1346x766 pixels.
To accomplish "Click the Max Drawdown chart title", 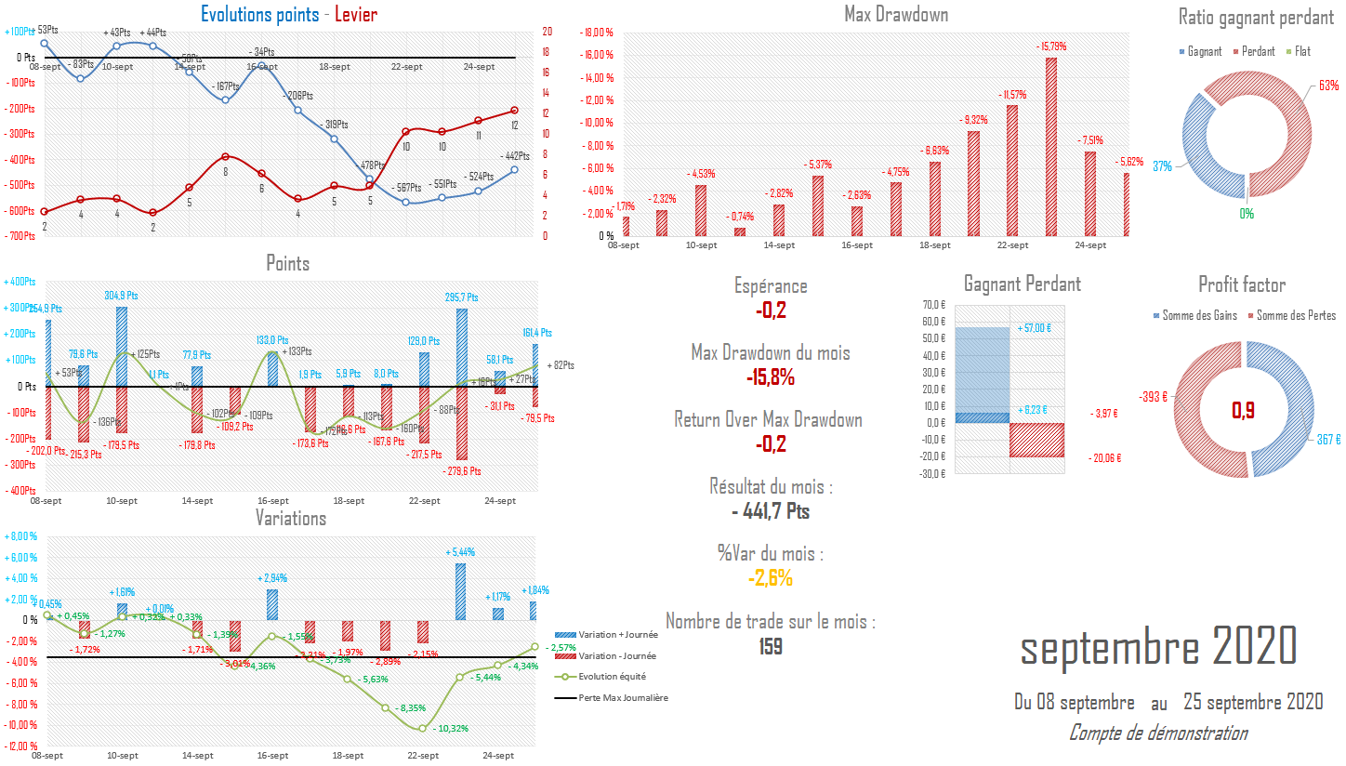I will [896, 14].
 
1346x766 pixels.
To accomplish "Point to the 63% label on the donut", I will [1328, 86].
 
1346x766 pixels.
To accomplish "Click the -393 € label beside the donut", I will [1154, 398].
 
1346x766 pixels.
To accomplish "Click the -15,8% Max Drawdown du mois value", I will [771, 377].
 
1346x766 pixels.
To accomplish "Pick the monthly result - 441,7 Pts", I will [771, 511].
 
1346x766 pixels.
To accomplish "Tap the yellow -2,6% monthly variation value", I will [771, 578].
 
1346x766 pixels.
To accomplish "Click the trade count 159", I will [771, 646].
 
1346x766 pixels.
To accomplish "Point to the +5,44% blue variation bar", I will [459, 591].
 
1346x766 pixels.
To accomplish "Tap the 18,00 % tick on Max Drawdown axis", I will [598, 33].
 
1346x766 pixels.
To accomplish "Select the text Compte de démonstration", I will [1158, 733].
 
